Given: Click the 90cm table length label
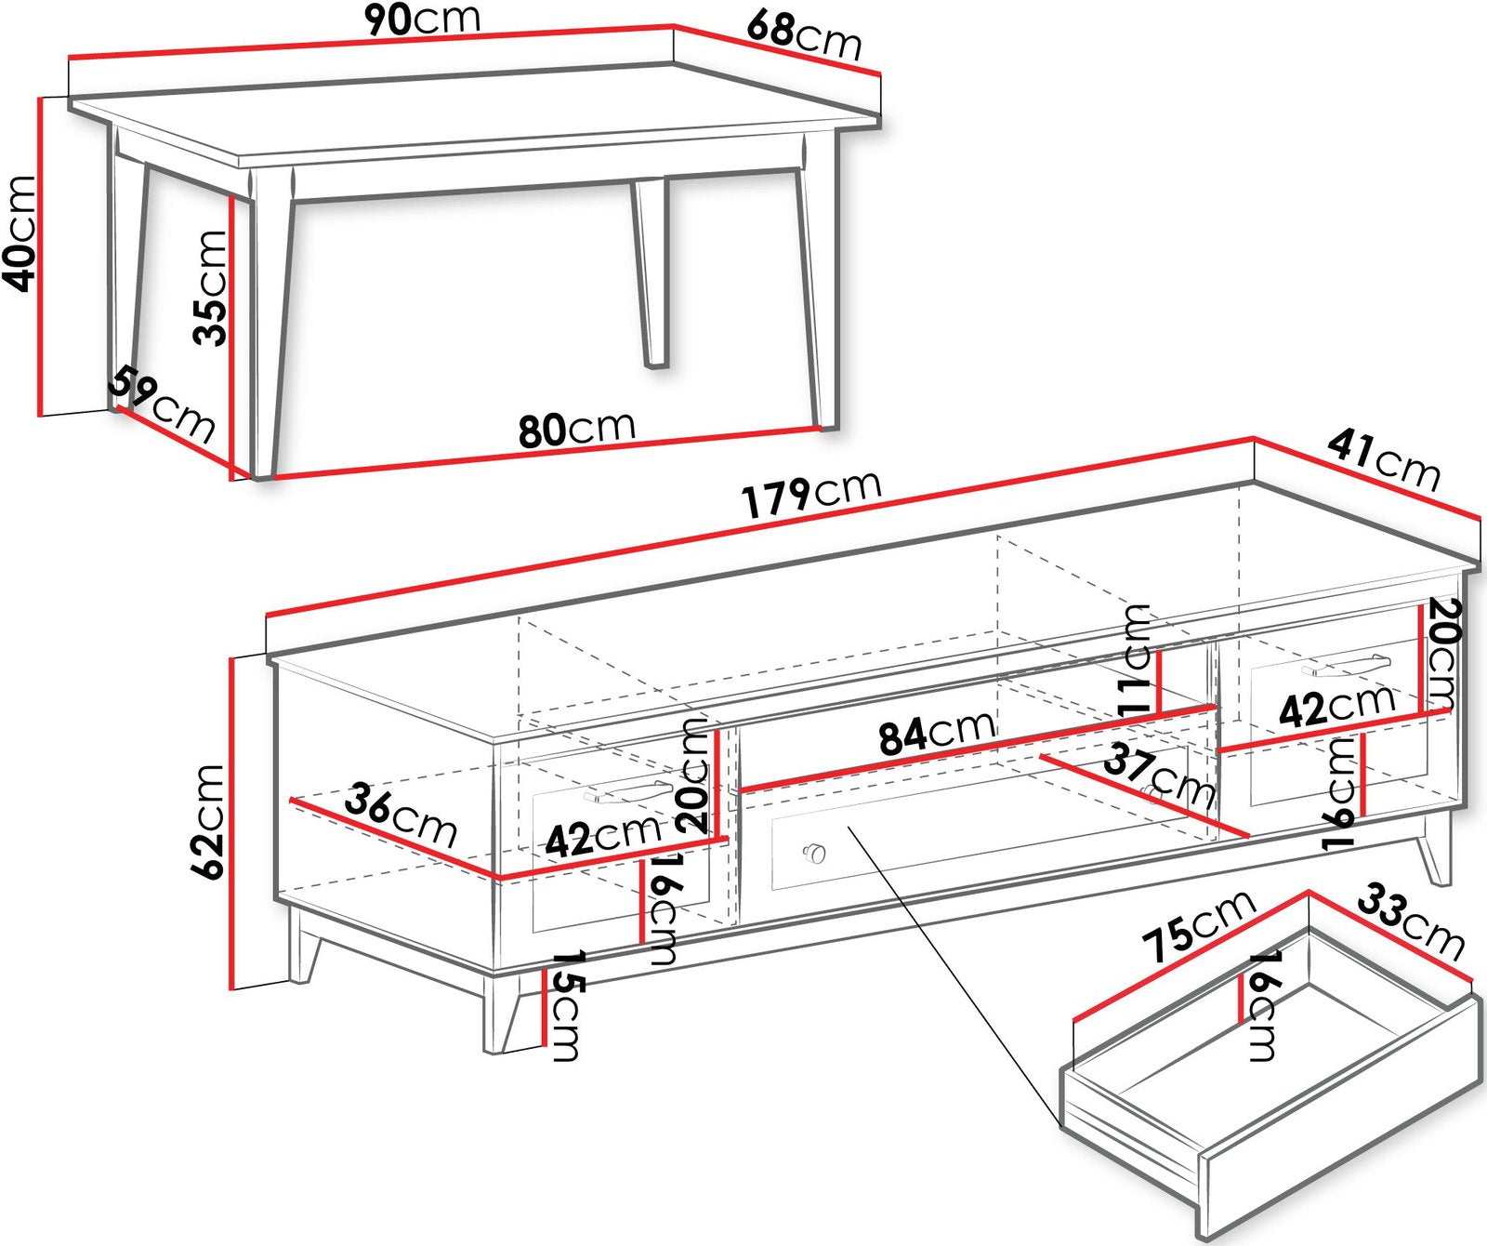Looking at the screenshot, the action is pyautogui.click(x=422, y=18).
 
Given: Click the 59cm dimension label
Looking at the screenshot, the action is pyautogui.click(x=162, y=404).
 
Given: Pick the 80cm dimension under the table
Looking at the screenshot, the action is pyautogui.click(x=576, y=429).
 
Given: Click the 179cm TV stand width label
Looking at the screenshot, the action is pyautogui.click(x=811, y=493).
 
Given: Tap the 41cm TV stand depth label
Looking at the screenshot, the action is pyautogui.click(x=1384, y=460).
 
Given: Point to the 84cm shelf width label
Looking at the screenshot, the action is pyautogui.click(x=938, y=730).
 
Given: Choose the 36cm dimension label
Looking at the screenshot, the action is pyautogui.click(x=401, y=814).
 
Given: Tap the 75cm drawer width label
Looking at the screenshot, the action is pyautogui.click(x=1200, y=926).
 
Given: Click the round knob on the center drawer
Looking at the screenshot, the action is pyautogui.click(x=814, y=852).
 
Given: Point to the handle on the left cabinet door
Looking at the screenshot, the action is pyautogui.click(x=627, y=791).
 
